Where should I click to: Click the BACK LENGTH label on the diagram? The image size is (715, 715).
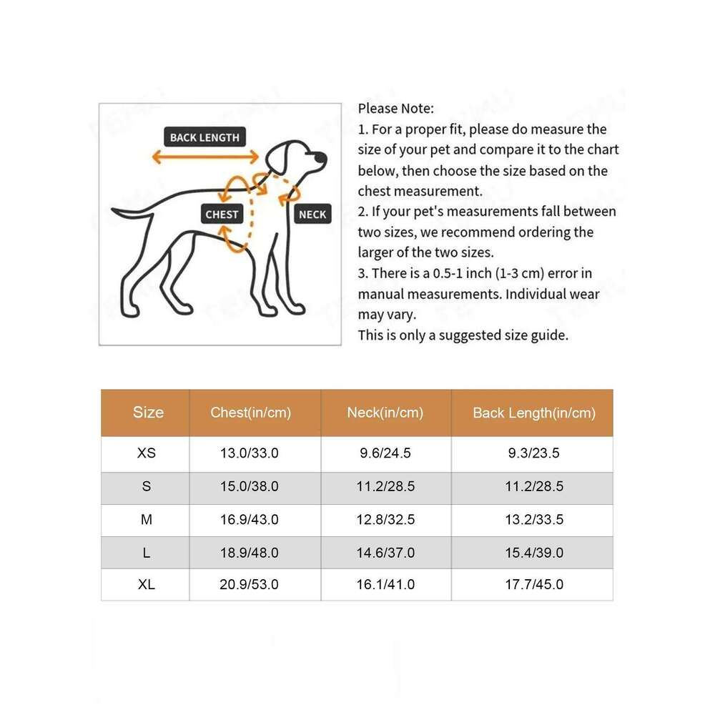click(x=204, y=137)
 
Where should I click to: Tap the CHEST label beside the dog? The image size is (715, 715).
click(x=222, y=214)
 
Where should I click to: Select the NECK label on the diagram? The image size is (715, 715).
click(x=312, y=214)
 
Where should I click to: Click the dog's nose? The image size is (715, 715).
click(x=322, y=158)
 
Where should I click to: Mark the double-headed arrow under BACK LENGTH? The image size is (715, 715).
click(x=204, y=157)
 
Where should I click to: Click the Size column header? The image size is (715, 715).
click(x=148, y=413)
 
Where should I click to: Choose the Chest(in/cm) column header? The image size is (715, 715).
click(x=251, y=413)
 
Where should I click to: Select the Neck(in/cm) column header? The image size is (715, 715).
click(x=385, y=413)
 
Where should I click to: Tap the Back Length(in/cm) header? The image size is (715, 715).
click(x=534, y=413)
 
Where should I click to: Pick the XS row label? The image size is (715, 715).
click(x=147, y=453)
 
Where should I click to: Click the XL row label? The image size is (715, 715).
click(x=147, y=585)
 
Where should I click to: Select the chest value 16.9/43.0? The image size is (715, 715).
click(x=250, y=520)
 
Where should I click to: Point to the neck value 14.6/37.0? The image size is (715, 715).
click(x=385, y=553)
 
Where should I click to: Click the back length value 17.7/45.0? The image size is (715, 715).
click(x=534, y=585)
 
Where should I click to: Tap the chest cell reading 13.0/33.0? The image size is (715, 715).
click(x=250, y=453)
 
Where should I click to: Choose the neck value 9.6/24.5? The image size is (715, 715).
click(x=385, y=453)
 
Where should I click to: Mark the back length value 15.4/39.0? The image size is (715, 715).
click(x=534, y=553)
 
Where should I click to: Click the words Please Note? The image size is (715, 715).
click(x=395, y=109)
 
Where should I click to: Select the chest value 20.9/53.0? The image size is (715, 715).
click(x=250, y=585)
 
